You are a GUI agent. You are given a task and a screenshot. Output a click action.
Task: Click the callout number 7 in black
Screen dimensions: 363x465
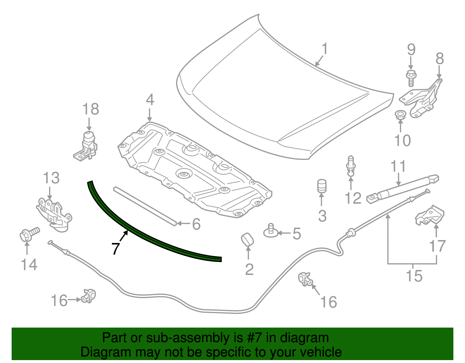coord(115,248)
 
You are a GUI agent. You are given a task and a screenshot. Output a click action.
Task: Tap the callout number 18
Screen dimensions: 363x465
coord(90,110)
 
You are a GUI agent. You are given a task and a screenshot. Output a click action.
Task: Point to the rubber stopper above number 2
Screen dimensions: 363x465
coord(247,239)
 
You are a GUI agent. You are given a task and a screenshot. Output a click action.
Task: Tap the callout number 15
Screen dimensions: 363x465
coord(414,276)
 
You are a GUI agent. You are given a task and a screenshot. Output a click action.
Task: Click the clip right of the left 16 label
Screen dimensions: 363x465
coord(88,296)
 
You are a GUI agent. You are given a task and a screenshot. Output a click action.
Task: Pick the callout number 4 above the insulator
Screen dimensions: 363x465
coord(150,100)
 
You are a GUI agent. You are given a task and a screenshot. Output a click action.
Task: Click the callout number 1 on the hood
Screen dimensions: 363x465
coord(325,49)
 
